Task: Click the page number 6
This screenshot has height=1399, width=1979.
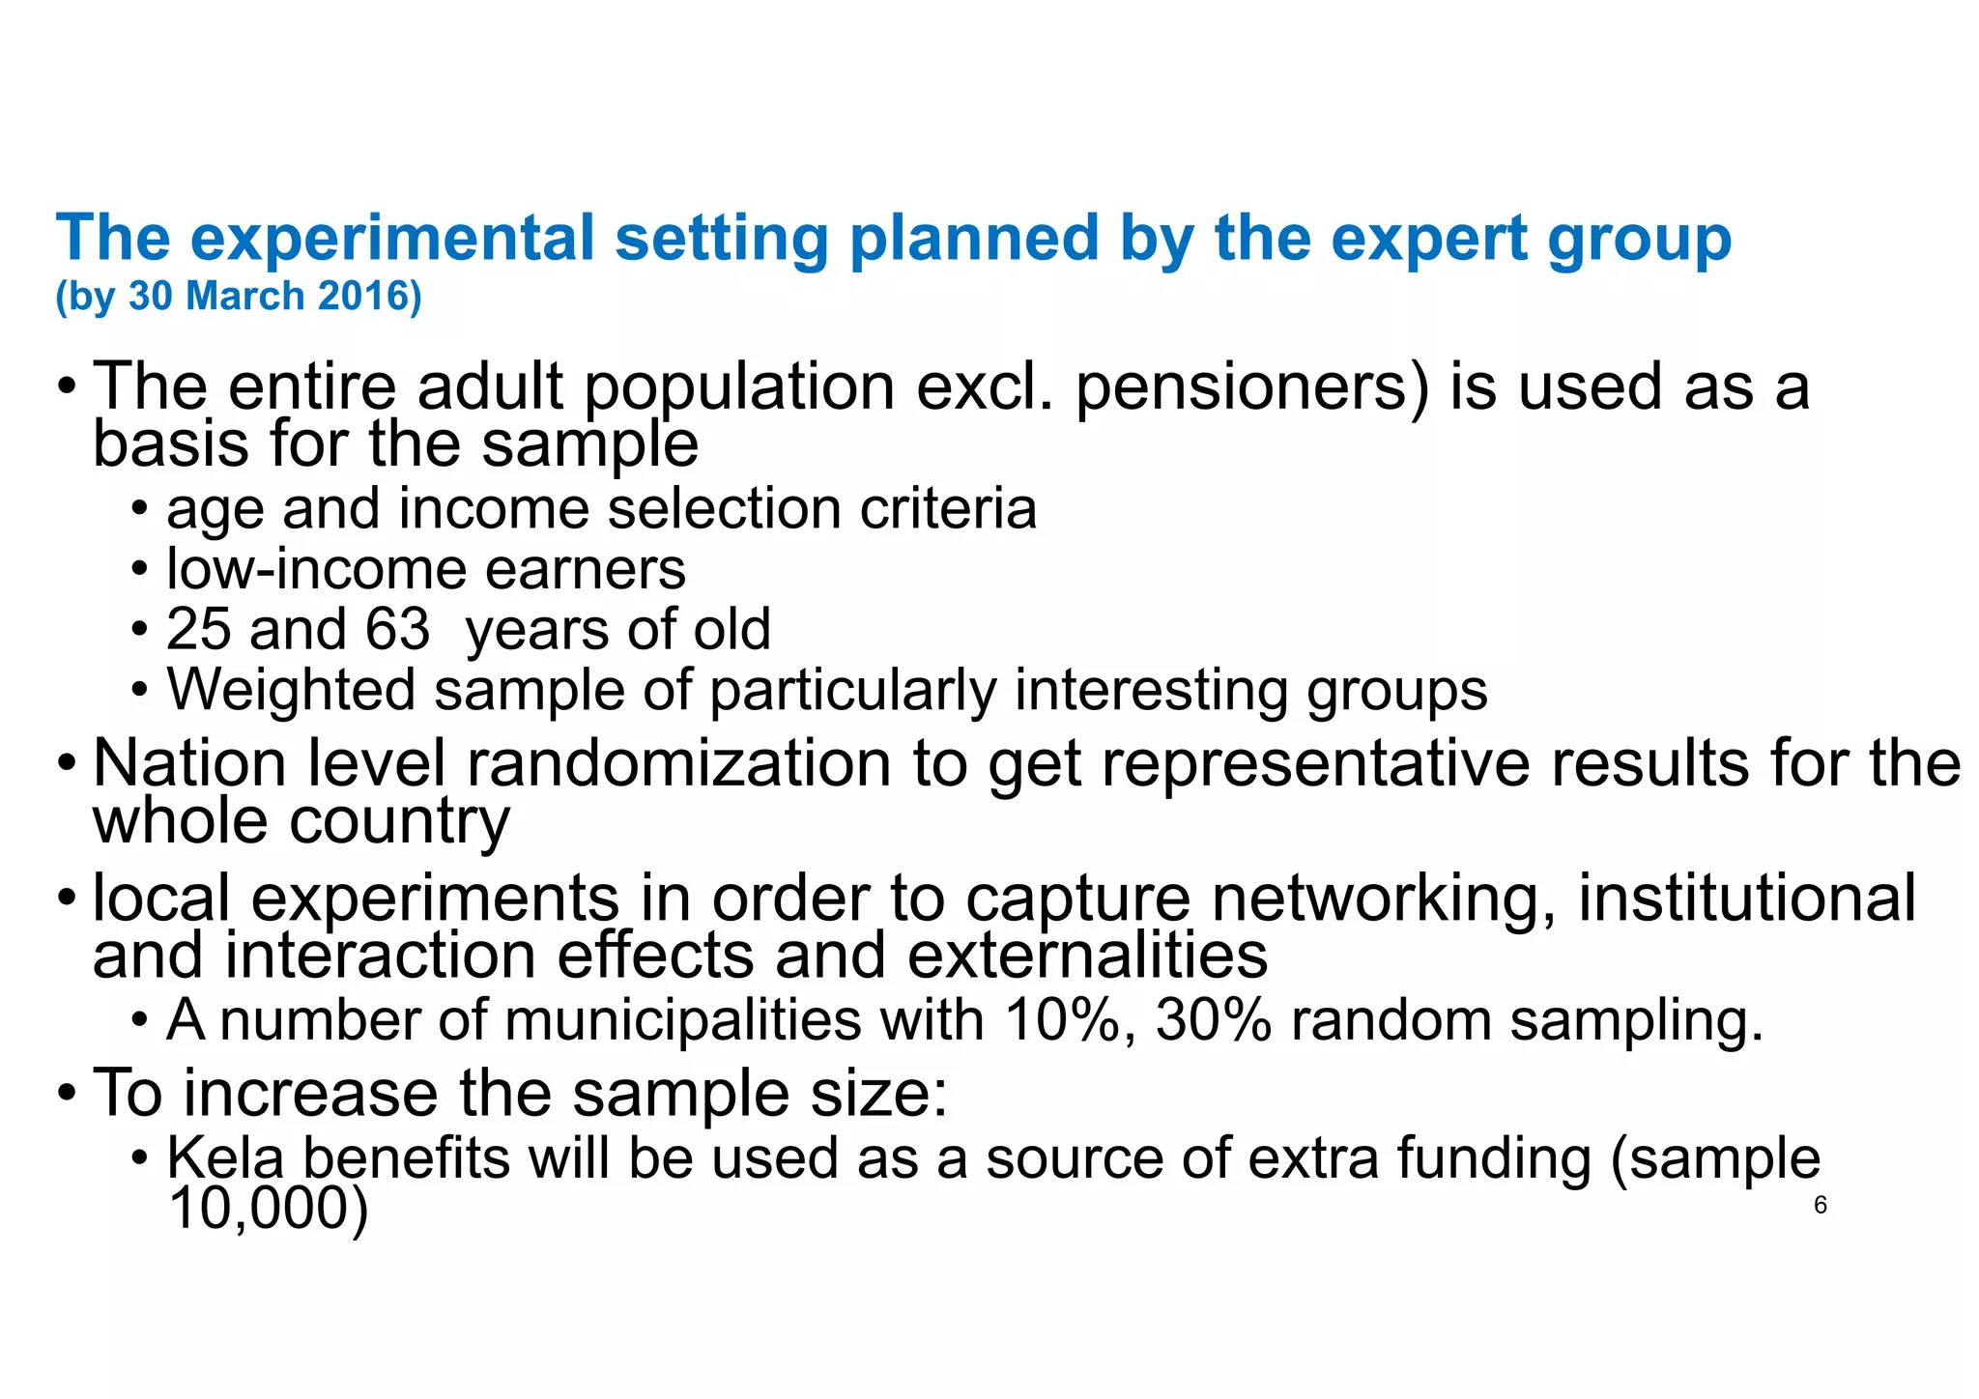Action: point(1820,1205)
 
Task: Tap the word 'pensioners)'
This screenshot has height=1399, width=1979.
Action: point(1251,386)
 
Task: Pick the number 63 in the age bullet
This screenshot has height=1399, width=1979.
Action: point(397,629)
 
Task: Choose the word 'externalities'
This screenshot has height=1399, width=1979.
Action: point(1087,956)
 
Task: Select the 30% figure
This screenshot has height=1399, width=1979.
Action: point(1213,1020)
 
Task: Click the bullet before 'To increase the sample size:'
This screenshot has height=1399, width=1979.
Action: point(66,1095)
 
